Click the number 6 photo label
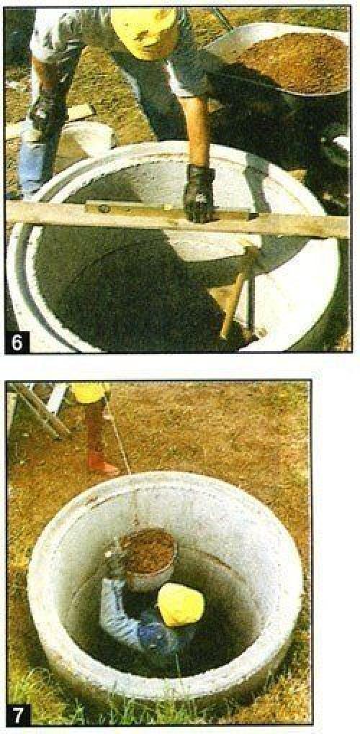click(x=17, y=343)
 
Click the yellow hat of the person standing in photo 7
click(x=89, y=391)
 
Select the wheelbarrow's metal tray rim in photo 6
click(x=276, y=56)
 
